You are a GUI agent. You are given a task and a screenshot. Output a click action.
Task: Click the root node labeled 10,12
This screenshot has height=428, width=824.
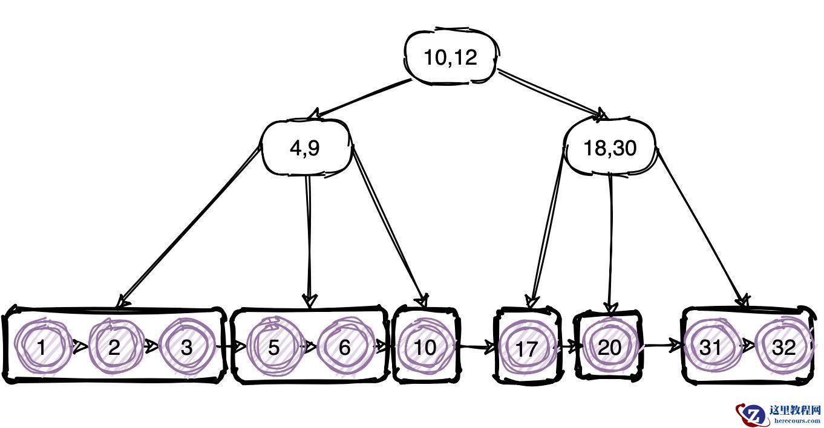click(450, 57)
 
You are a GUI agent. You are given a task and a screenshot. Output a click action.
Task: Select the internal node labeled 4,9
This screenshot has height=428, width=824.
click(306, 148)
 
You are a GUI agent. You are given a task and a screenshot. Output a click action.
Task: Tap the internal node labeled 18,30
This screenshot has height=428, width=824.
click(610, 148)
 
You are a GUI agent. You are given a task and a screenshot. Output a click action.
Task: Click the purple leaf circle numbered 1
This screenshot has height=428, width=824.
click(41, 347)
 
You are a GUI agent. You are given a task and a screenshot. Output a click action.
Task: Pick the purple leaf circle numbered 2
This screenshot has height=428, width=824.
click(114, 347)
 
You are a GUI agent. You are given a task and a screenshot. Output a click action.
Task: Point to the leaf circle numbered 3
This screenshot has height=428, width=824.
click(186, 347)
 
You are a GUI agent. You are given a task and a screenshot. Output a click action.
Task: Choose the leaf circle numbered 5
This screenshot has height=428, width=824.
click(273, 347)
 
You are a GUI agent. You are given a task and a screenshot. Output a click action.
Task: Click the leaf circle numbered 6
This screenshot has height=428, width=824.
click(344, 347)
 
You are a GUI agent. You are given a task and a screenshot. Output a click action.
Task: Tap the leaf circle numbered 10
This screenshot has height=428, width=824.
click(425, 347)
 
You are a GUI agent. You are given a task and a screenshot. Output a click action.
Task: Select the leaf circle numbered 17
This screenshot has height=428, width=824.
click(527, 349)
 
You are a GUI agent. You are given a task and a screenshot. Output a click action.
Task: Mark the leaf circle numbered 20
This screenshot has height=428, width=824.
click(609, 347)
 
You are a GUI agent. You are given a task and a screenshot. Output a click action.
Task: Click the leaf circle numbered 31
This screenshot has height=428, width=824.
click(710, 347)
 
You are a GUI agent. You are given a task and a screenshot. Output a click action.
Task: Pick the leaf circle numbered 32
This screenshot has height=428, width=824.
click(784, 347)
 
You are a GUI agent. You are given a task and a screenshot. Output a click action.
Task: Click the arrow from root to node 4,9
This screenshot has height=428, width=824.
click(360, 99)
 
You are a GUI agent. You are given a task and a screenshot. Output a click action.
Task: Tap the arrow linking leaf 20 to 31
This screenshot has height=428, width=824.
click(662, 346)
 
